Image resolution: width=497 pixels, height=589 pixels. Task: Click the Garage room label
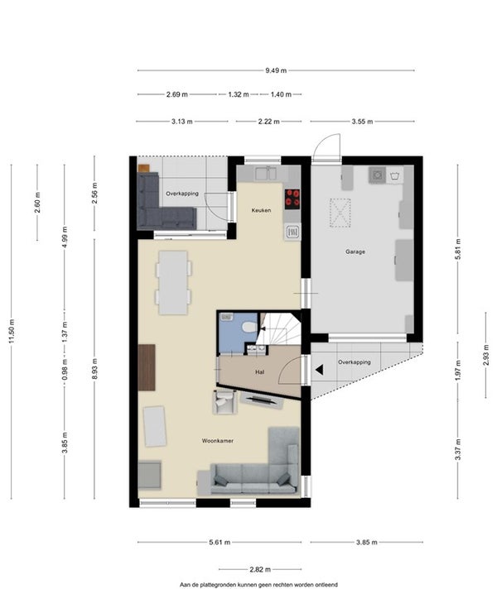coord(355,251)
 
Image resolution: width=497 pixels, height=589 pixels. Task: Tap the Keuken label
coord(261,210)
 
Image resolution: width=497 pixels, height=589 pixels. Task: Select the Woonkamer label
coord(218,441)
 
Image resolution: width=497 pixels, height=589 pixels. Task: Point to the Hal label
coord(259,372)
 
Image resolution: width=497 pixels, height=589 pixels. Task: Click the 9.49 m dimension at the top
coord(276,70)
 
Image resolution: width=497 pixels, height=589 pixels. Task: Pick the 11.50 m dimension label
coord(12,331)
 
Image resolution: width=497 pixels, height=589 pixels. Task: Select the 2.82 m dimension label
coord(260,569)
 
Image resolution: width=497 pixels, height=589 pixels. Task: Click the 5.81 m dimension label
coord(458,249)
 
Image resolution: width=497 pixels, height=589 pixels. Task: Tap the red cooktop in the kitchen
coord(292,199)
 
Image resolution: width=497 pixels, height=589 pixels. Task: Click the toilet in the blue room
coord(248,328)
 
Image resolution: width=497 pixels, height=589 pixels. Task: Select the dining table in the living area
coord(173,282)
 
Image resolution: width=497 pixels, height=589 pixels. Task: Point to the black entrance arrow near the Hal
coord(320,371)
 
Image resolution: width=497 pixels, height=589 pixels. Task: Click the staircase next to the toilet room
coord(279,328)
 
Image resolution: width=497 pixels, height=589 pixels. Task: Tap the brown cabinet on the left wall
coord(147,367)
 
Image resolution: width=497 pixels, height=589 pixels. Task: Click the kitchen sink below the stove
coord(292,232)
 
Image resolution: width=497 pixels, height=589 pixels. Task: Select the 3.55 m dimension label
coord(362,122)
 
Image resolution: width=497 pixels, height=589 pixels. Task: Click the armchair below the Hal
coord(224,402)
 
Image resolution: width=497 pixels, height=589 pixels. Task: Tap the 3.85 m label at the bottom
coord(366,543)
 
